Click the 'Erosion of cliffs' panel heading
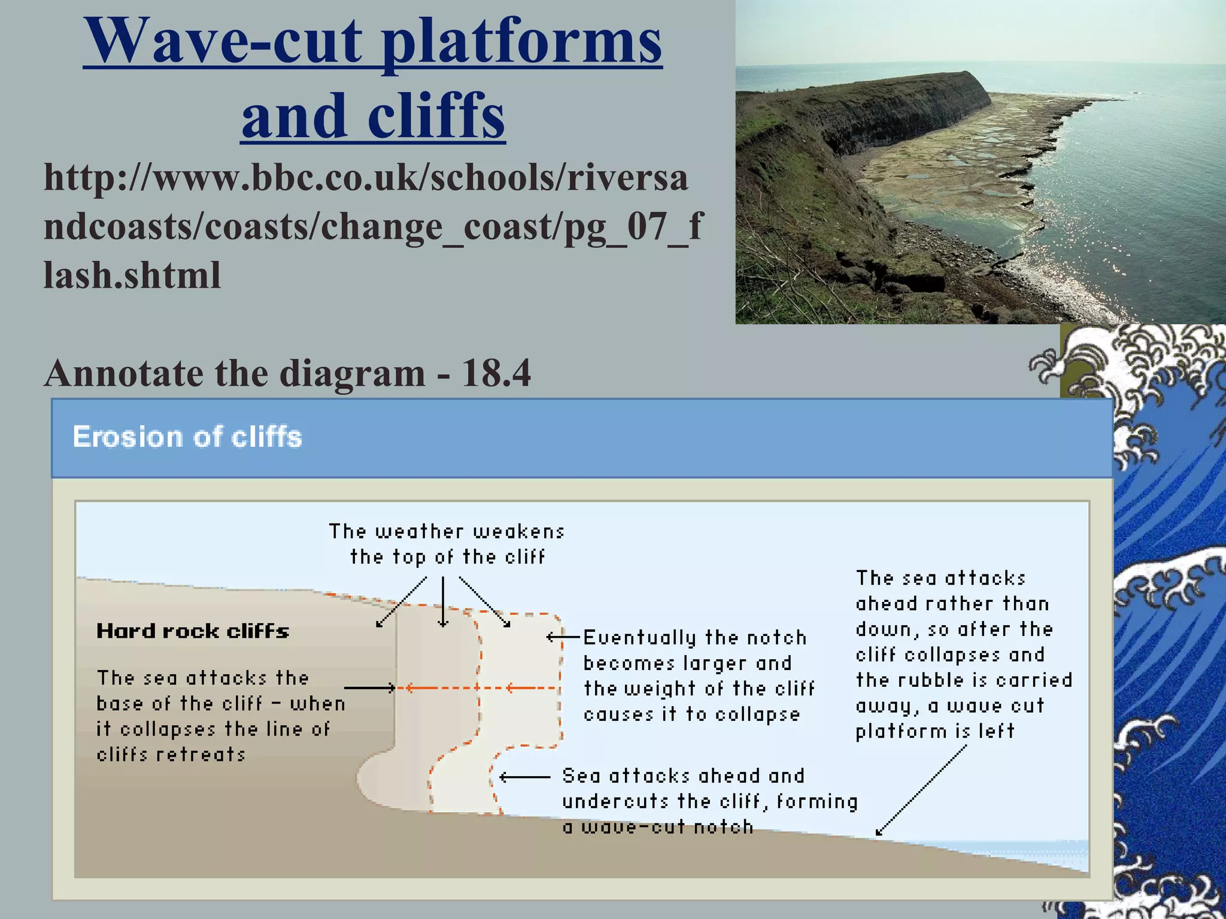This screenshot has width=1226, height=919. (x=187, y=437)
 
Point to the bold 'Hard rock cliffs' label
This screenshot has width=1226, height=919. (x=193, y=631)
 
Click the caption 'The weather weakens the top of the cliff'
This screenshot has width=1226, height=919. (x=447, y=544)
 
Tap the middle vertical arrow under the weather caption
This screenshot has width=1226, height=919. (x=443, y=601)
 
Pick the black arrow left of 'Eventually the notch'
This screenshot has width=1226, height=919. (x=563, y=637)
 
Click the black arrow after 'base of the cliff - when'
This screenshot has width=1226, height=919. (x=369, y=688)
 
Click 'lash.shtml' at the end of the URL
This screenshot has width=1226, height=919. (x=132, y=275)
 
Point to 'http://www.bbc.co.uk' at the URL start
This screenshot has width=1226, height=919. (x=233, y=178)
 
